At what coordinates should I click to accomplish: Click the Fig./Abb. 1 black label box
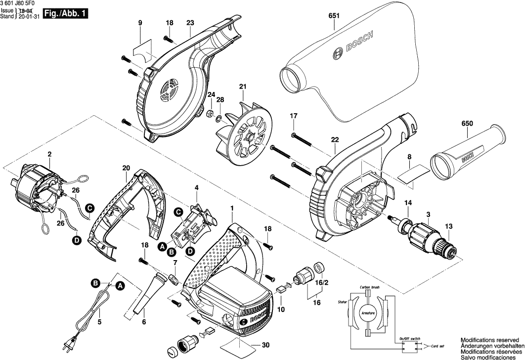coord(66,14)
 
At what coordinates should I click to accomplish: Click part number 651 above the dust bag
coord(334,16)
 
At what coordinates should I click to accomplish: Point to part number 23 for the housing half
coord(190,23)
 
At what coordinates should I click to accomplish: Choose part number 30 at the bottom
coord(265,345)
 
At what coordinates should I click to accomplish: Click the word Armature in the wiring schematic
coord(367,314)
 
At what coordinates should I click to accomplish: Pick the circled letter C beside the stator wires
coord(89,209)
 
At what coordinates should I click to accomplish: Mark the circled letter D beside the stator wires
coord(77,240)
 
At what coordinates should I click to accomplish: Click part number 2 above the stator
coord(49,154)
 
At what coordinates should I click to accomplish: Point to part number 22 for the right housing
coord(335,140)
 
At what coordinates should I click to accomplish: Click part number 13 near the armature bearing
coord(449,226)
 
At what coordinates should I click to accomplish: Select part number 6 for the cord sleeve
coord(144,322)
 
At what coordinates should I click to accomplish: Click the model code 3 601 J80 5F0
coord(23,3)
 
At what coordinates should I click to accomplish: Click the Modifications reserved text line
coord(490,340)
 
